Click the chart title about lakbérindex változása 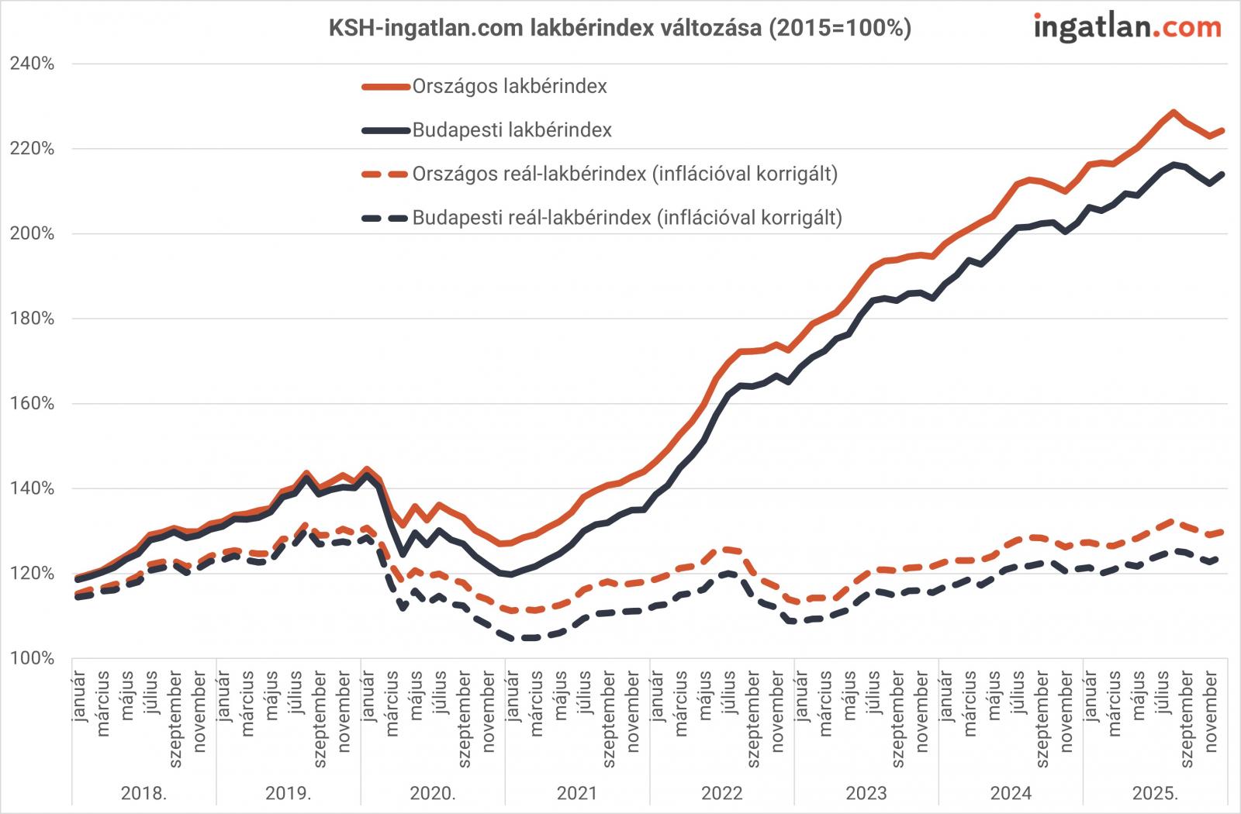click(620, 29)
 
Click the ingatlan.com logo click(1127, 28)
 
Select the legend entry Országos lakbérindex click(509, 86)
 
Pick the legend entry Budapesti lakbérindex click(511, 130)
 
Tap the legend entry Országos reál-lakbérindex click(624, 174)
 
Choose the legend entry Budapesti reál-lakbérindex click(627, 218)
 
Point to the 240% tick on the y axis click(32, 64)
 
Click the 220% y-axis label click(32, 149)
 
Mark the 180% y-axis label click(32, 319)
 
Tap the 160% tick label click(32, 404)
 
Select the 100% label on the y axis click(32, 658)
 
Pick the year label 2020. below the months click(433, 793)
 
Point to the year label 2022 click(721, 793)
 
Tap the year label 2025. click(1155, 793)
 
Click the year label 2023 click(866, 793)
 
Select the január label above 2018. click(79, 693)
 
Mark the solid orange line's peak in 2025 click(1173, 112)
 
